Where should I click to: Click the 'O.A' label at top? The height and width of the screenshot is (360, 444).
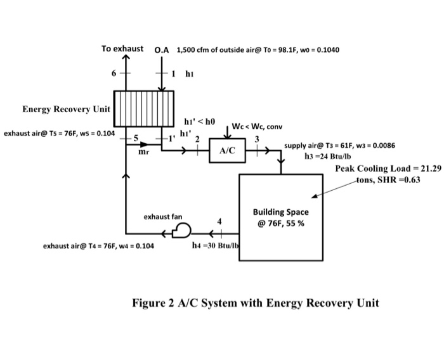[162, 49]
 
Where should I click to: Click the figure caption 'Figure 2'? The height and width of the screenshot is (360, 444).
[255, 302]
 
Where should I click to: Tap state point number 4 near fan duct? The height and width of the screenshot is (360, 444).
[219, 221]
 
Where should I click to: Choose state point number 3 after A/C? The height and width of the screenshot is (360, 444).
[257, 139]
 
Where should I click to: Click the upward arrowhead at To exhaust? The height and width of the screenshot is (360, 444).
[126, 59]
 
